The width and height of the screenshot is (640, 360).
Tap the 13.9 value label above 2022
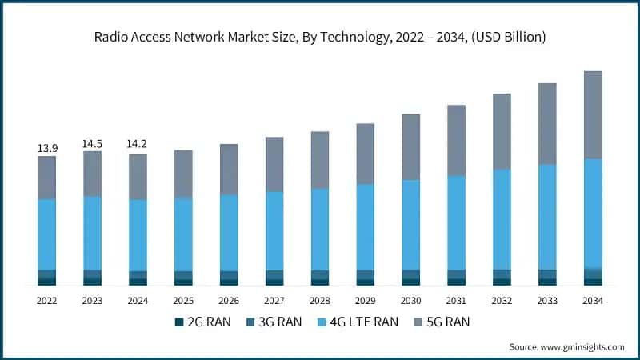pos(47,148)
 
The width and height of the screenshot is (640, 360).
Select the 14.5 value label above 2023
pos(93,143)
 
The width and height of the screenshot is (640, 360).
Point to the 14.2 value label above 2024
pos(138,145)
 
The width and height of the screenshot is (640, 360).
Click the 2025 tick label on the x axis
pos(183,301)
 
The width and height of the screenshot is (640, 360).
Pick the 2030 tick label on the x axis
pos(411,301)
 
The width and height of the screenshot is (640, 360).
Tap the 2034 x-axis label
pos(593,301)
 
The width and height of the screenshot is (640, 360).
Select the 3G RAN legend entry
pos(272,322)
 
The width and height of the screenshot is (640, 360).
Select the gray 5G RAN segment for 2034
pos(593,114)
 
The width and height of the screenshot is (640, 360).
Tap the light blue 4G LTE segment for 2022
pos(47,234)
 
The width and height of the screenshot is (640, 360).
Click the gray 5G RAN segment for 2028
pos(320,160)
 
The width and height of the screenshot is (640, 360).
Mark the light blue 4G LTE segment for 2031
pos(457,222)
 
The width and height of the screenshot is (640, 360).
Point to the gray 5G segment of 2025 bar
pos(183,174)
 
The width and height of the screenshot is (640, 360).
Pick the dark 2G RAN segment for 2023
pos(93,282)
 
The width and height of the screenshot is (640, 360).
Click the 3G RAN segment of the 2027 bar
pos(274,274)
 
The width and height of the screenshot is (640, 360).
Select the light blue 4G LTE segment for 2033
pos(547,217)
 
